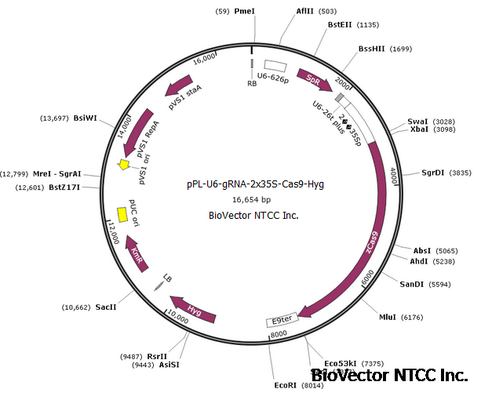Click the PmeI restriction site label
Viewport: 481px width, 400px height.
pos(245,12)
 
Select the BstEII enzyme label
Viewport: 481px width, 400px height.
pos(341,25)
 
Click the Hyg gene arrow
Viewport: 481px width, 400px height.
pos(193,311)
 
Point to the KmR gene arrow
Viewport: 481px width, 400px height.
pos(139,255)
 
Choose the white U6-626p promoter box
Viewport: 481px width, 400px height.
pos(275,67)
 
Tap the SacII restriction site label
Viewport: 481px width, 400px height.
pos(106,307)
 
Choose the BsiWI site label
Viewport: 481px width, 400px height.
pos(85,118)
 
